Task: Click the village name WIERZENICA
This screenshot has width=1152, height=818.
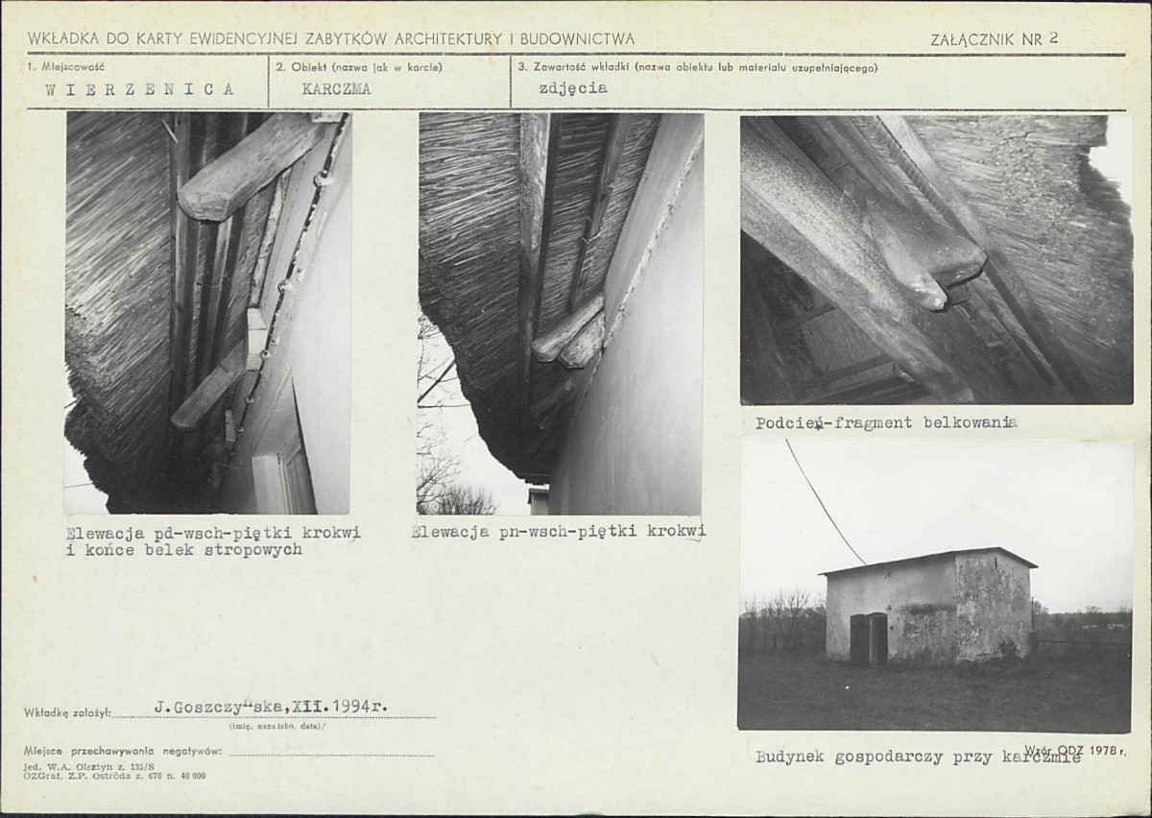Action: coord(139,89)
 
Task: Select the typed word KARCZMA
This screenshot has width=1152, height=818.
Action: coord(336,89)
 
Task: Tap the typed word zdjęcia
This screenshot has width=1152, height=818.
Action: coord(573,88)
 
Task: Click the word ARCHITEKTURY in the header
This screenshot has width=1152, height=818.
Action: coord(448,39)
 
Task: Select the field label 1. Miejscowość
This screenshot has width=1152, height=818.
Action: coord(65,67)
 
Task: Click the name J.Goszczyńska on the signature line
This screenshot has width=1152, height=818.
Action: coord(220,708)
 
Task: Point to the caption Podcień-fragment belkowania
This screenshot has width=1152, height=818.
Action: coord(887,422)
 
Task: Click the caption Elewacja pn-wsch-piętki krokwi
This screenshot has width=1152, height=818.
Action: coord(559,532)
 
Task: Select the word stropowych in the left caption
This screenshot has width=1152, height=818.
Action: coord(253,550)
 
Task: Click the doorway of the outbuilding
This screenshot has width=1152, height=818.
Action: coord(869,639)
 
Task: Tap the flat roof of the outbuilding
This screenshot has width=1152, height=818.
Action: coord(927,559)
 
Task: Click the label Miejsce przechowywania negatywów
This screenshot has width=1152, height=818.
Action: coord(123,752)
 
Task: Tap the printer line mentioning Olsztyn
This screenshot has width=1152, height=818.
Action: coord(89,766)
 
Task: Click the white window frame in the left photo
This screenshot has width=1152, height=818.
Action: coord(283,481)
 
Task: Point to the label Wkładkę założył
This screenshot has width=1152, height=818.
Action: coord(67,713)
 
